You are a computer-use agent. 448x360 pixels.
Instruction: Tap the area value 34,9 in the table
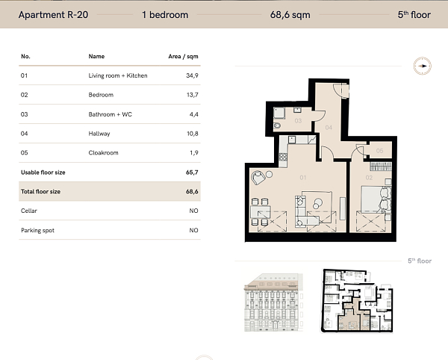[x=192, y=75]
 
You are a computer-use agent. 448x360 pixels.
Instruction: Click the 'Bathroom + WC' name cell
[x=108, y=114]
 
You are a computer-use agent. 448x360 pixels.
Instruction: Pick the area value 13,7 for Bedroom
[x=192, y=95]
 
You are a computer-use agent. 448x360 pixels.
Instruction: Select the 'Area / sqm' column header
[x=184, y=56]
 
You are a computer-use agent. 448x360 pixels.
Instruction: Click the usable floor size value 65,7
[x=192, y=173]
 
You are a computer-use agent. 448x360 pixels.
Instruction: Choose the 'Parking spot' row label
[x=37, y=231]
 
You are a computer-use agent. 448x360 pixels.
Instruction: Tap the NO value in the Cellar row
[x=193, y=211]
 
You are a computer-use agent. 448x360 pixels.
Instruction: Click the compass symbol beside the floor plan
[x=422, y=66]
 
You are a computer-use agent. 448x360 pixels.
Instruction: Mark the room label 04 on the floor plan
[x=329, y=128]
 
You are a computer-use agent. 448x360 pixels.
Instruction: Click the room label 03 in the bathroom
[x=297, y=120]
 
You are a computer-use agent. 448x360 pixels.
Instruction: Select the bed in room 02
[x=373, y=199]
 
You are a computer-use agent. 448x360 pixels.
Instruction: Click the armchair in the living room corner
[x=259, y=178]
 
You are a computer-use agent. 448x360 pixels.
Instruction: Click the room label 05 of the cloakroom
[x=379, y=152]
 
